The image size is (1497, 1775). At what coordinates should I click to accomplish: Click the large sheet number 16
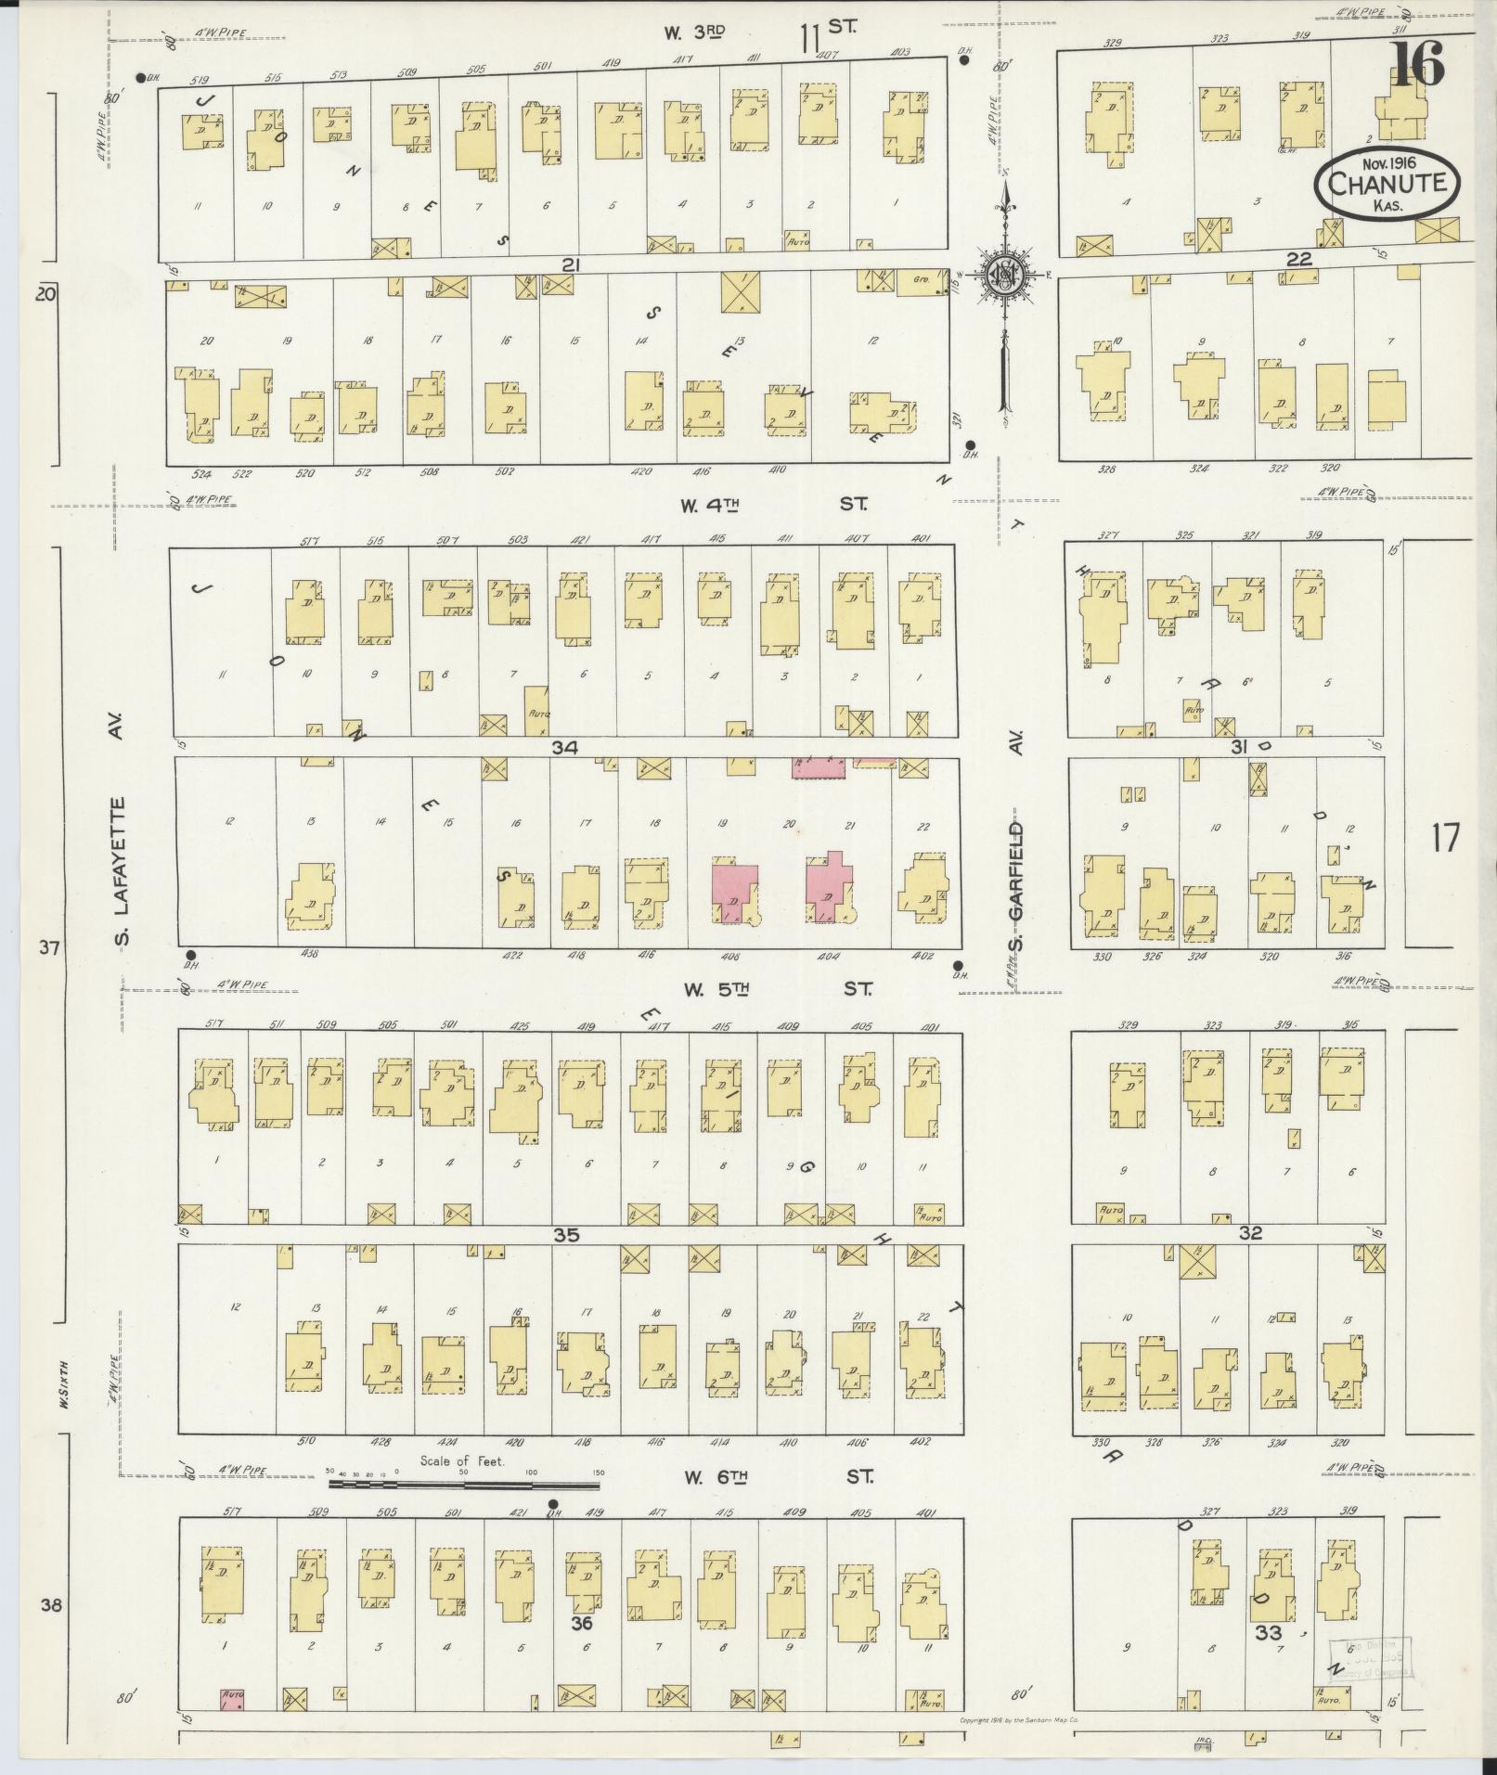point(1417,63)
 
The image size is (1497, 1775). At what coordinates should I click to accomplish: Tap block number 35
point(566,1235)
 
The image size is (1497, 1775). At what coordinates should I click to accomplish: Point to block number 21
point(570,266)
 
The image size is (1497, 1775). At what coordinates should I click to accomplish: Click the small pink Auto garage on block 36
point(232,1699)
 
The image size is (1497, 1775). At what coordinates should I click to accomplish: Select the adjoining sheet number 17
point(1445,838)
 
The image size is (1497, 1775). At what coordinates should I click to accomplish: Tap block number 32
point(1250,1233)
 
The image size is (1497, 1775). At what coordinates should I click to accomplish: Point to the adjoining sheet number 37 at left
point(49,947)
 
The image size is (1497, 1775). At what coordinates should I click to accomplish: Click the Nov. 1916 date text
point(1385,162)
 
